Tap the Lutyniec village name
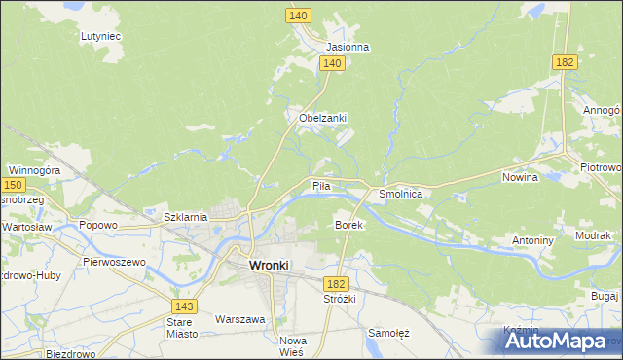pyautogui.click(x=100, y=36)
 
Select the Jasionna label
pyautogui.click(x=348, y=47)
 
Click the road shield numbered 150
pyautogui.click(x=13, y=184)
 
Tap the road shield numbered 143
pyautogui.click(x=187, y=306)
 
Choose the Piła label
pyautogui.click(x=322, y=185)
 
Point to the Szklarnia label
pyautogui.click(x=185, y=217)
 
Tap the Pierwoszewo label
pyautogui.click(x=114, y=262)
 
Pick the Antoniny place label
pyautogui.click(x=532, y=239)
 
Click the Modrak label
pyautogui.click(x=593, y=235)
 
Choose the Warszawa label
pyautogui.click(x=240, y=318)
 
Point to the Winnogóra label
pyautogui.click(x=34, y=170)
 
